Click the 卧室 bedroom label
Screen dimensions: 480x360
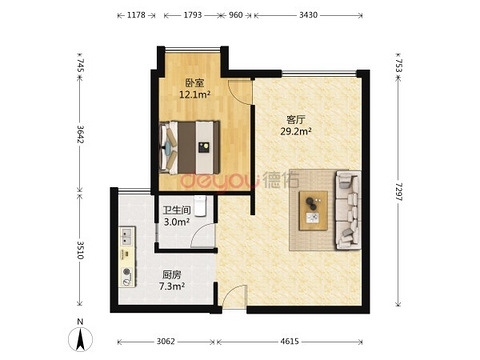195,83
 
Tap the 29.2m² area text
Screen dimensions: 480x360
296,131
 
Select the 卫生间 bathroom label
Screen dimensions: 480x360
177,210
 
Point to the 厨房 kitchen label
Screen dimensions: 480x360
172,275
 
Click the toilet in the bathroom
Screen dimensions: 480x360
200,206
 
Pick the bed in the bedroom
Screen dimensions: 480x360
190,147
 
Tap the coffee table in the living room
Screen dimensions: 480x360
313,210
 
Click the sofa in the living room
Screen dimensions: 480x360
348,210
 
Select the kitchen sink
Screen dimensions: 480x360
127,236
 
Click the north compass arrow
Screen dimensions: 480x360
80,339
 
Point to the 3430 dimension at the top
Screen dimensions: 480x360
308,15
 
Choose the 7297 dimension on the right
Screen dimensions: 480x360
398,192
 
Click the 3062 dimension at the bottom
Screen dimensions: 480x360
166,341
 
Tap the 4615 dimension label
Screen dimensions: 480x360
289,341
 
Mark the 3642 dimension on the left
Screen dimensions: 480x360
80,134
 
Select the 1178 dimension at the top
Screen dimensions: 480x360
136,15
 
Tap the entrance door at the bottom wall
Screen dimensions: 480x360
235,297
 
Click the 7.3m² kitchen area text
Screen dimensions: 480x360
172,286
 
